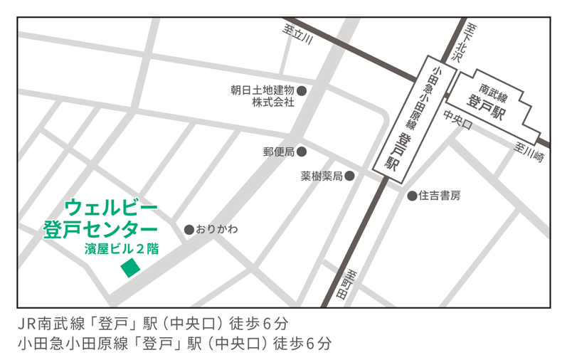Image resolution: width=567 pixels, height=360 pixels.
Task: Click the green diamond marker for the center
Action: (x=130, y=268)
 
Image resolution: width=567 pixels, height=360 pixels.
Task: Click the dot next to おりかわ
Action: (x=189, y=229)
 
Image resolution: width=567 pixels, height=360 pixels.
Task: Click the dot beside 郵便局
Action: (x=302, y=152)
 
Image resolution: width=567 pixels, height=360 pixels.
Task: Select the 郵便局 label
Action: (x=279, y=152)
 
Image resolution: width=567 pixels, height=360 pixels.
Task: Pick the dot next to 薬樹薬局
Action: (x=350, y=175)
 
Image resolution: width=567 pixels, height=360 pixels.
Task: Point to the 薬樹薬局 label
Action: (x=322, y=176)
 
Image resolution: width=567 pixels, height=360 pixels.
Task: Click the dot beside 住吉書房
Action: (x=412, y=196)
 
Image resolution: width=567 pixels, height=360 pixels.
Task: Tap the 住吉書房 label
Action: (x=439, y=196)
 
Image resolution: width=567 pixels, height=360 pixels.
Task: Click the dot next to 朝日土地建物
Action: (x=302, y=90)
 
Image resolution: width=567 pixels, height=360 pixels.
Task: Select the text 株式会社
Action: (x=272, y=102)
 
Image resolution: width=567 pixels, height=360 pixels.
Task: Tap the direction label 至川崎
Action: (x=529, y=152)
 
